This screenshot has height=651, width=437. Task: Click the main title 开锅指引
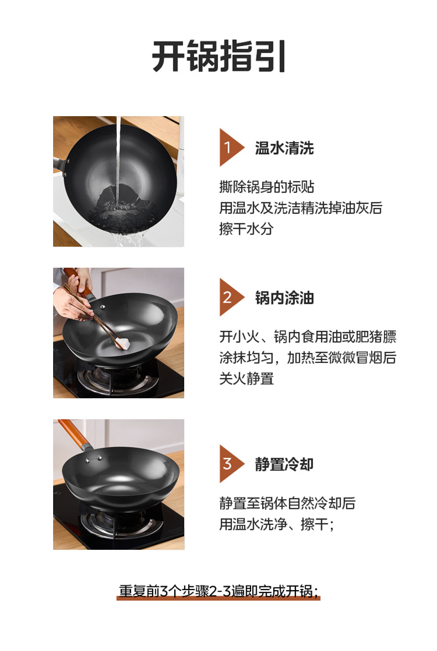(x=218, y=56)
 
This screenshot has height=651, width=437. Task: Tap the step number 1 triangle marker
(x=231, y=147)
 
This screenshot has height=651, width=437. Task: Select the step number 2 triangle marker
(x=231, y=297)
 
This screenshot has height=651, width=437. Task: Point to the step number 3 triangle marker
(x=231, y=463)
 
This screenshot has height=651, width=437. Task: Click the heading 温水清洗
(x=284, y=148)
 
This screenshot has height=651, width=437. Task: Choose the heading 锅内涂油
(x=284, y=298)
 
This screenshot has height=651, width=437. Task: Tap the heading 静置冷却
(x=284, y=464)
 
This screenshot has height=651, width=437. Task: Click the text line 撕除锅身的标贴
(x=267, y=187)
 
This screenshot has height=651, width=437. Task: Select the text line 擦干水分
(x=246, y=229)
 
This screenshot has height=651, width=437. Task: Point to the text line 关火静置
(x=246, y=379)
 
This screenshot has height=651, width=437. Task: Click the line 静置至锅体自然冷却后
(x=287, y=503)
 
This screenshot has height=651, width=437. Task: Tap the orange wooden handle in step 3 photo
(x=74, y=433)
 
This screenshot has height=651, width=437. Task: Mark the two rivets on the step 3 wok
(x=93, y=459)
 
